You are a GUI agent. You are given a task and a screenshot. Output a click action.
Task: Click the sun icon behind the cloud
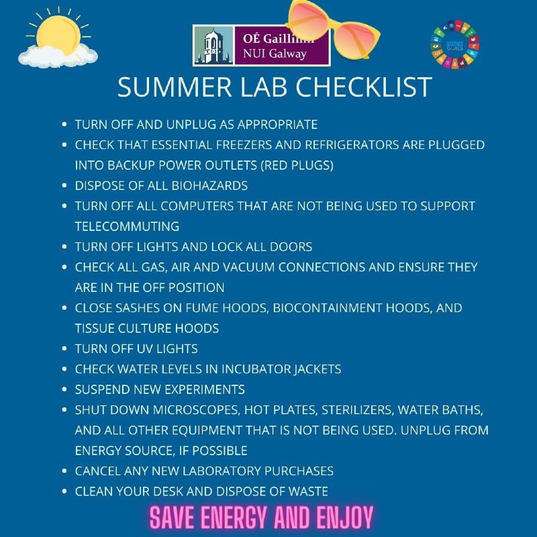click(x=58, y=32)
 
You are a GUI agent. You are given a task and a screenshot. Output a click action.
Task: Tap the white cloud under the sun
click(x=58, y=56)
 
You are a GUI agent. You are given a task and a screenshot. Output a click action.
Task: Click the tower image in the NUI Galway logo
click(x=213, y=45)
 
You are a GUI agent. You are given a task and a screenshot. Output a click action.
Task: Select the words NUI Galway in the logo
click(x=275, y=54)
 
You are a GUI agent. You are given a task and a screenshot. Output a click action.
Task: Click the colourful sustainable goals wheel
click(x=455, y=44)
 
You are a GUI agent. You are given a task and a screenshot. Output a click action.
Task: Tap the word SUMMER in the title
click(x=175, y=87)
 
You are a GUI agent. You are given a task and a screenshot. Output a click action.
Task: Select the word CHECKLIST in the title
click(x=364, y=87)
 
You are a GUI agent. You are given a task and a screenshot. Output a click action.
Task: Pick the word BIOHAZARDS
click(x=209, y=186)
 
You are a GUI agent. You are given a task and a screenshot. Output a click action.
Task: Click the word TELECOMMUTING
click(x=127, y=226)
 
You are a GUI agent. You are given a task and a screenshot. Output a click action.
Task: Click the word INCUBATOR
click(x=256, y=369)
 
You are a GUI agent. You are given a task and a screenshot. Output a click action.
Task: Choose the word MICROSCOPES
click(x=196, y=410)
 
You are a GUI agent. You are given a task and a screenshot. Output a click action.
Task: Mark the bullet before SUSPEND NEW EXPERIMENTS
click(x=64, y=389)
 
